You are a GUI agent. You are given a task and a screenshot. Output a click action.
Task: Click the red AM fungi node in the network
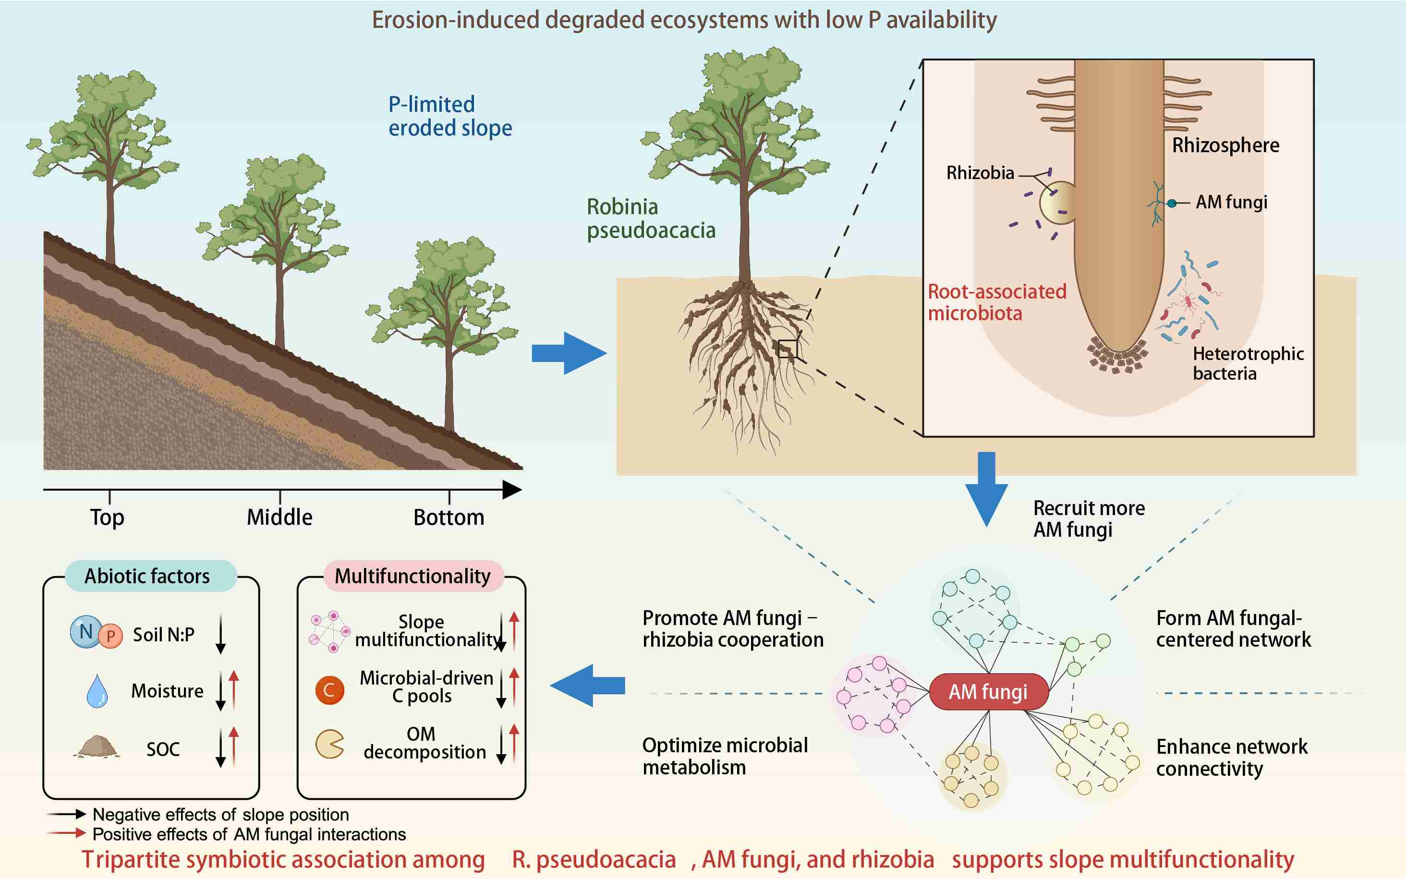[989, 692]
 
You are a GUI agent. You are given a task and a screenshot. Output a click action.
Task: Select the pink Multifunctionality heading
[413, 576]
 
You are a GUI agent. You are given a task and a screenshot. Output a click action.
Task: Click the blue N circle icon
[85, 631]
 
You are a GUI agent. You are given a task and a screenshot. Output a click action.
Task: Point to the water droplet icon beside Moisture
[97, 691]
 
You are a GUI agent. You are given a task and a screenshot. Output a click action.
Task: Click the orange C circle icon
[329, 690]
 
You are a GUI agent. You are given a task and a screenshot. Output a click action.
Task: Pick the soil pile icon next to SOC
[97, 747]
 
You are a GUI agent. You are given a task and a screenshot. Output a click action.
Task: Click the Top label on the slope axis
[107, 517]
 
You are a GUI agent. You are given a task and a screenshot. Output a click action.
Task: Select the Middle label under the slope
[279, 517]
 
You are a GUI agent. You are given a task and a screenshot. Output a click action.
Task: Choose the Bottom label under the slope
[449, 517]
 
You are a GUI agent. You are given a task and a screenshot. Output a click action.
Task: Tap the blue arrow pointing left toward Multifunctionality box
[587, 686]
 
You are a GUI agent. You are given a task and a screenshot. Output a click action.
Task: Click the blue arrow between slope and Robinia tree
[569, 353]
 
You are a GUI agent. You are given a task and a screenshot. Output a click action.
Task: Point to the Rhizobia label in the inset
[981, 173]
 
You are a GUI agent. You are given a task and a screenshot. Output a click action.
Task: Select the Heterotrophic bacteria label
[1248, 363]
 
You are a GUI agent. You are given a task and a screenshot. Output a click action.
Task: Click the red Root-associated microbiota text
[997, 302]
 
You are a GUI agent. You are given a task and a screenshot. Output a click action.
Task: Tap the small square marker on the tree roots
[788, 349]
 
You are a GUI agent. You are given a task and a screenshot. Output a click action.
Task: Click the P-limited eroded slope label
[450, 116]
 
